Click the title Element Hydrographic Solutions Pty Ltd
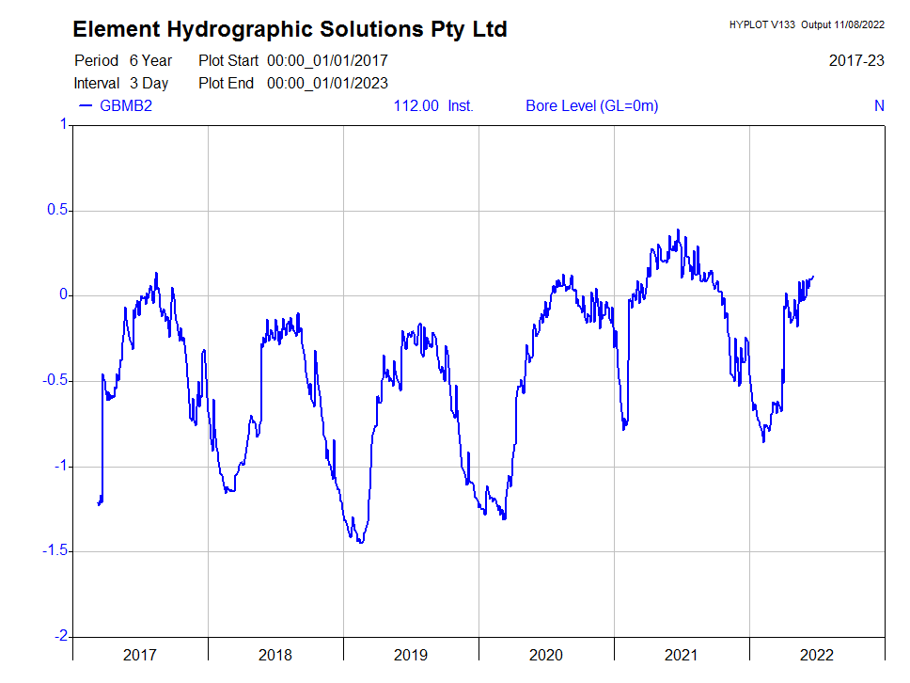290,29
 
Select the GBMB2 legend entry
125,105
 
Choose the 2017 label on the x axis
140,655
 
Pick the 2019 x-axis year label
411,655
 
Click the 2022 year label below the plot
816,655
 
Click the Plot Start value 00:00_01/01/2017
327,60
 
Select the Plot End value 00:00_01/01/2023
327,83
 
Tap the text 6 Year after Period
151,60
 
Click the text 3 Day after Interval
149,83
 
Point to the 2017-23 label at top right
856,60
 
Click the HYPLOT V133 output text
807,24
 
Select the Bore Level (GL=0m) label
592,105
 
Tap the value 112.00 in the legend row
416,105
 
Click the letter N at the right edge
879,105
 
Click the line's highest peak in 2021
678,230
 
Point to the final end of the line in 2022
813,276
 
